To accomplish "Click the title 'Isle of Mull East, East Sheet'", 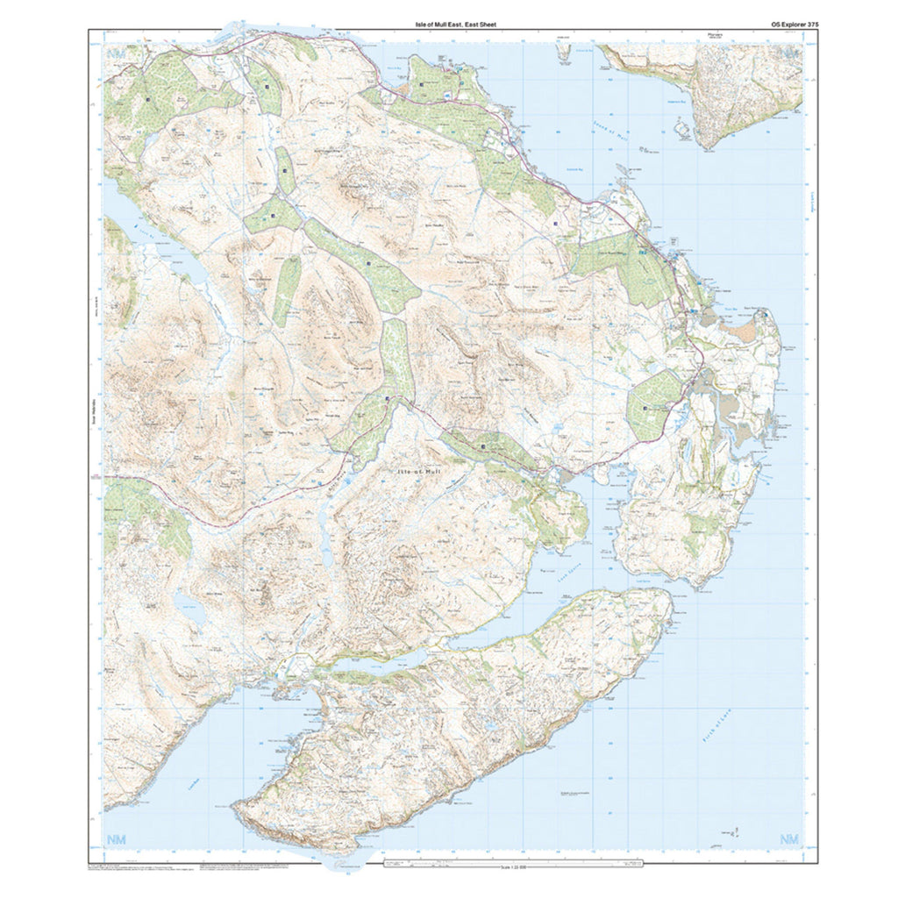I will pos(455,25).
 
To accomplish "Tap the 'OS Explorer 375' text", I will pos(782,25).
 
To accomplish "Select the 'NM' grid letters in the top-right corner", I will pos(790,53).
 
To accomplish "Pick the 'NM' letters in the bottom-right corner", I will pos(790,840).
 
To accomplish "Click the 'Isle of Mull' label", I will pos(421,472).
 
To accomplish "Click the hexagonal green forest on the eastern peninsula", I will pos(652,404).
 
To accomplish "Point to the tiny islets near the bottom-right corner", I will pos(735,830).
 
